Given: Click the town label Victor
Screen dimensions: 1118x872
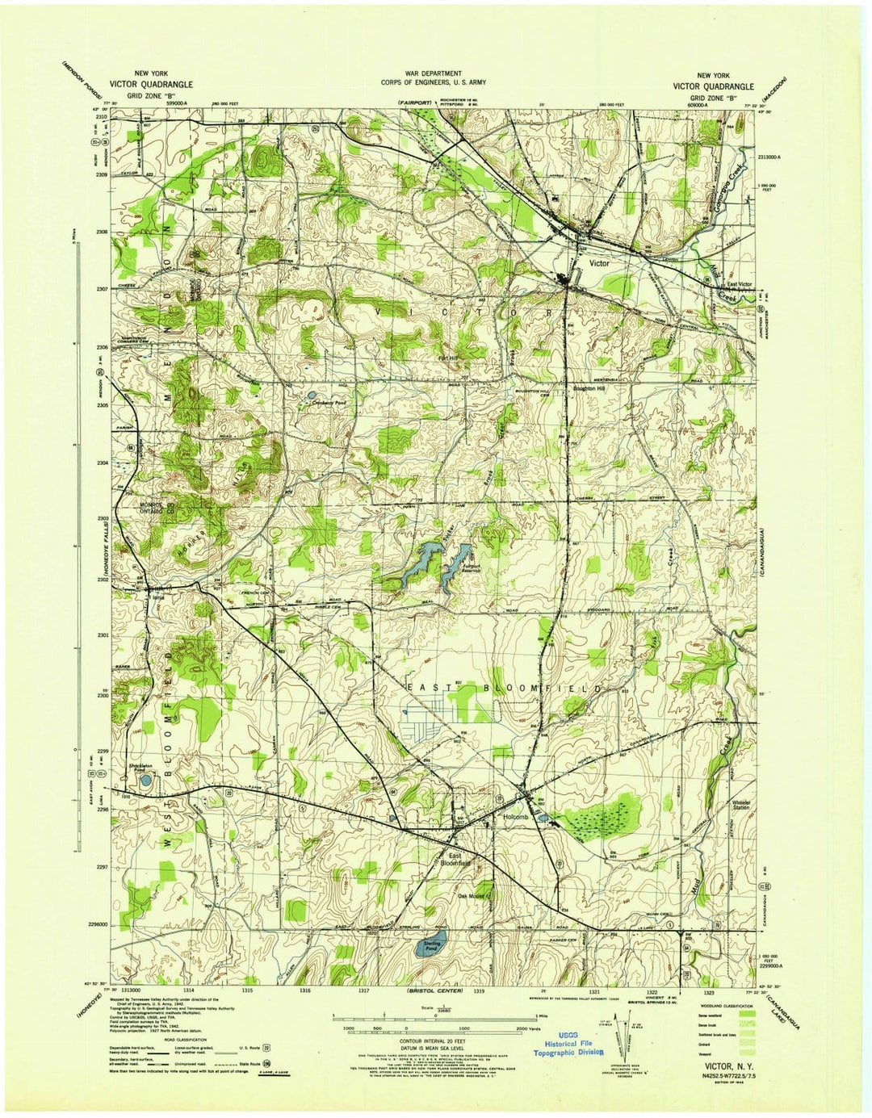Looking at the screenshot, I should pyautogui.click(x=599, y=263).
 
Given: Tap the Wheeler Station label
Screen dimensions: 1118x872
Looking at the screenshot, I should pyautogui.click(x=741, y=805).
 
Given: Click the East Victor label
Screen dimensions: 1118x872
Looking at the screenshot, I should pyautogui.click(x=740, y=284).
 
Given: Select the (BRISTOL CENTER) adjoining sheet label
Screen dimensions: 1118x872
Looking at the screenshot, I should pyautogui.click(x=434, y=990).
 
